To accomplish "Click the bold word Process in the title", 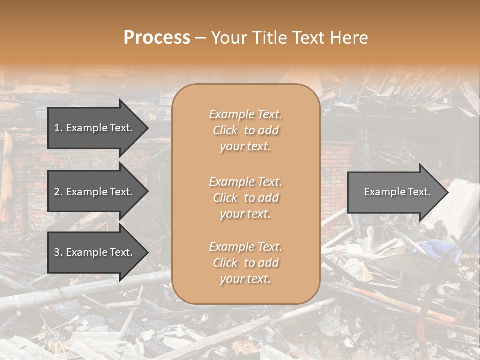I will (x=157, y=38).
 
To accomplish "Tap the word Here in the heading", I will (x=350, y=38).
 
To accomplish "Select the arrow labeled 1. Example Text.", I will (x=95, y=128).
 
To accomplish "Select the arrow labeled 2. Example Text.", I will (x=95, y=192).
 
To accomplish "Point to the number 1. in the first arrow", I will (x=58, y=128).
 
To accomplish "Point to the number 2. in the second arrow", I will (x=58, y=192).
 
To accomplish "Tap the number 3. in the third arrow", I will (x=58, y=253).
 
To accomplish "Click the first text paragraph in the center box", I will (x=245, y=130).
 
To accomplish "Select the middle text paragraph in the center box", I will (x=245, y=198).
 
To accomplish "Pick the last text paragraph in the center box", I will (x=245, y=263).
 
